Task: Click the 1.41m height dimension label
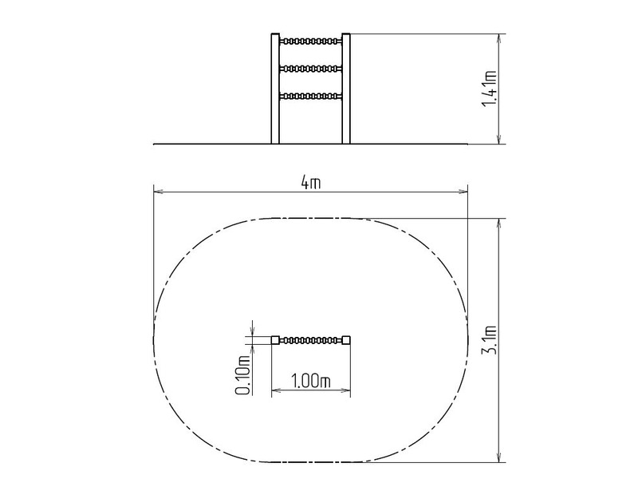click(489, 89)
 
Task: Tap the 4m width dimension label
click(311, 183)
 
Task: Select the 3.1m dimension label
click(489, 340)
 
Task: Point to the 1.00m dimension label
click(310, 382)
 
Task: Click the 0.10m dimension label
click(242, 375)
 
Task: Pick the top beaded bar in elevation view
click(310, 42)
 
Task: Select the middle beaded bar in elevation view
click(310, 69)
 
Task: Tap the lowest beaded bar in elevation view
click(310, 97)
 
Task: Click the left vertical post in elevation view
click(275, 89)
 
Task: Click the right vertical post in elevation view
click(346, 89)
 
